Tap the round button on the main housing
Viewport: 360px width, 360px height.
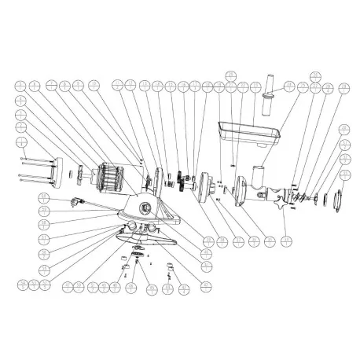pyautogui.click(x=145, y=208)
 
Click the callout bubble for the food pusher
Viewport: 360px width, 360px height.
pyautogui.click(x=289, y=86)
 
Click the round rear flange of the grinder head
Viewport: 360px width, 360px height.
pyautogui.click(x=242, y=189)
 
